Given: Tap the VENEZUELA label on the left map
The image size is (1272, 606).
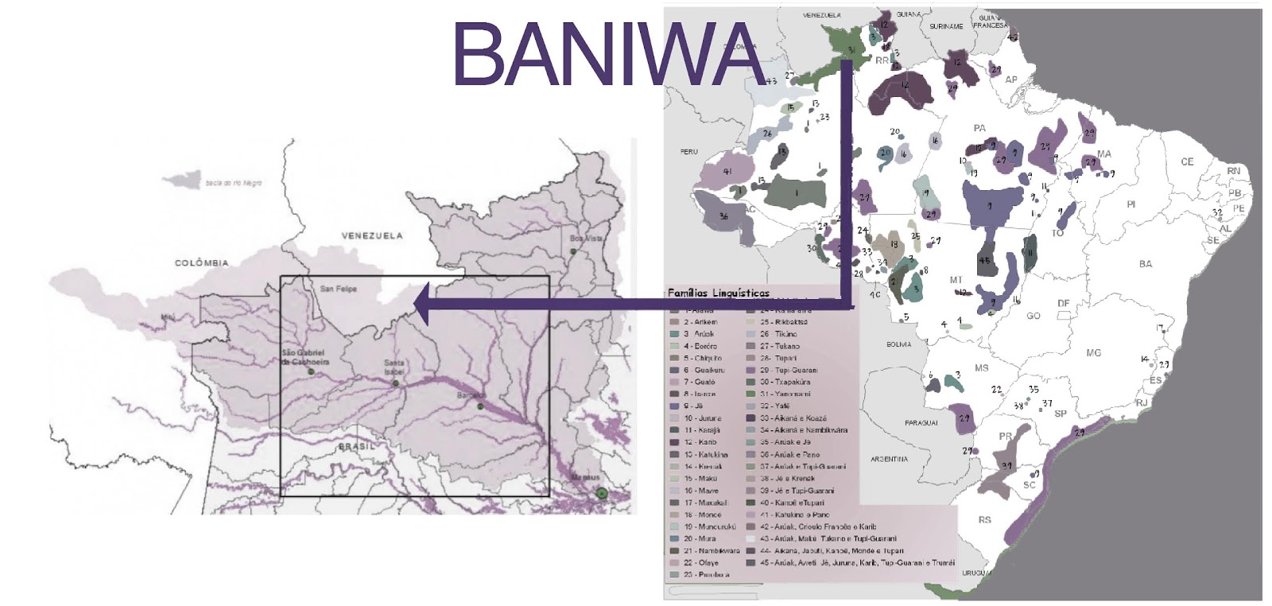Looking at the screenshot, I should [371, 235].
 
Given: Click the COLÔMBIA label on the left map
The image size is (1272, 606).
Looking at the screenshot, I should [201, 262].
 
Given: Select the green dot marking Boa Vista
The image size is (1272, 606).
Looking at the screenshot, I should [572, 251].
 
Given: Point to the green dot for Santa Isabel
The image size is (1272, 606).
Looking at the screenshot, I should [394, 383].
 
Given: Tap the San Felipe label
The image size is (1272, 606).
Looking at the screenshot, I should [338, 289].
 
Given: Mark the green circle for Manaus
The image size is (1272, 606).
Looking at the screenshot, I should [602, 493].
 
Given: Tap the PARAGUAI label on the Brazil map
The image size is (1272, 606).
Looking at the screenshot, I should [921, 423].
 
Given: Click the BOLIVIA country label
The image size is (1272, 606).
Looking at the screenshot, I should [898, 344].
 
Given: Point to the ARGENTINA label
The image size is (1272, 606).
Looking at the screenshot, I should [889, 459].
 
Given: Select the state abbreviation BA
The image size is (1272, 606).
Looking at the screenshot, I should [1145, 264].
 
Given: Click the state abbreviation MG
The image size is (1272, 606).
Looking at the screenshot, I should [1093, 352].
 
